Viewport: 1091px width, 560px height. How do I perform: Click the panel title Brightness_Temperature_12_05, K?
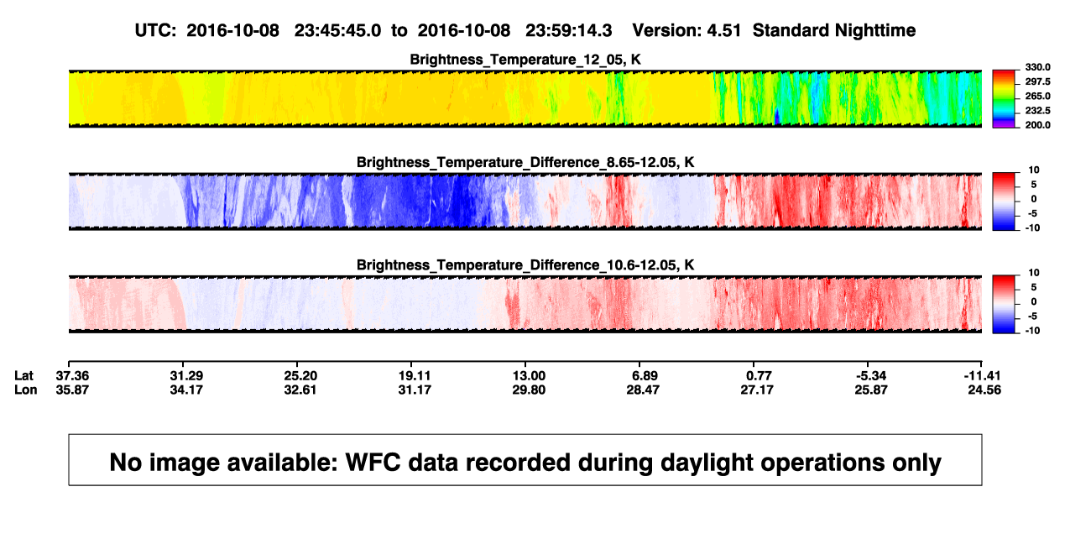[525, 60]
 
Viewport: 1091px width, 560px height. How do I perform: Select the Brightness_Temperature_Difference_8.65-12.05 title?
[525, 162]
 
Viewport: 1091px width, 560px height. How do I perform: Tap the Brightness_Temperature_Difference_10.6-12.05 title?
[525, 265]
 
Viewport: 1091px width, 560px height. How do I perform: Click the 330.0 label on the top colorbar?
[1037, 67]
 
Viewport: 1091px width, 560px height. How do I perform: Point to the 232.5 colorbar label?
[1037, 111]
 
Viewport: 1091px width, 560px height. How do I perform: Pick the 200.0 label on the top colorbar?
[1037, 125]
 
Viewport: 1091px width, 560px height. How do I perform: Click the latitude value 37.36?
[72, 376]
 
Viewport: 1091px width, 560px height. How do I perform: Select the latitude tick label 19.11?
[415, 376]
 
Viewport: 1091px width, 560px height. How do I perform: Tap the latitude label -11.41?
[982, 376]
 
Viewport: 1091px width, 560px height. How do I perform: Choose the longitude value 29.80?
[529, 390]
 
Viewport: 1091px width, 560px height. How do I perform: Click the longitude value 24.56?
[984, 390]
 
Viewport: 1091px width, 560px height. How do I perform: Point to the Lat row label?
[23, 376]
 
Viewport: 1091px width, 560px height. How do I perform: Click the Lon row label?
[25, 390]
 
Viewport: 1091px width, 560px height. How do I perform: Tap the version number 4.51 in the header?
[723, 31]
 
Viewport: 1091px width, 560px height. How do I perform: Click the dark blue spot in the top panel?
[777, 118]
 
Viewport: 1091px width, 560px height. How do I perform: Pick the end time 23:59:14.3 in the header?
[568, 31]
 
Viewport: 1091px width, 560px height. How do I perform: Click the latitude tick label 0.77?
[757, 376]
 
